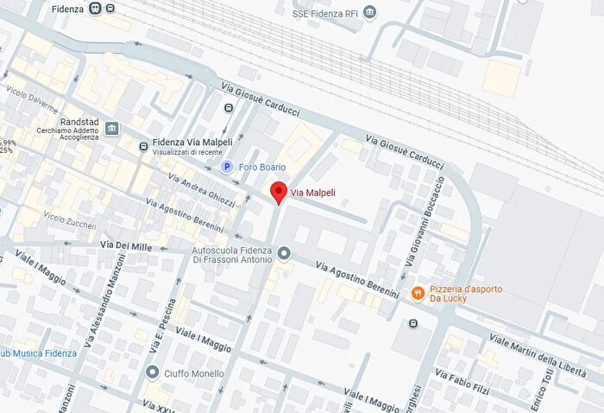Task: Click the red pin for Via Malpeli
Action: tap(278, 193)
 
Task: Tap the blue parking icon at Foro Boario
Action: tap(227, 167)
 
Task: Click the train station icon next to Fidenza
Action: tap(95, 9)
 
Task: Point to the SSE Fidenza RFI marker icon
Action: tap(370, 13)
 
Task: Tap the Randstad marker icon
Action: tap(112, 129)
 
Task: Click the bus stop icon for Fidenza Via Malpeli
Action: tap(143, 146)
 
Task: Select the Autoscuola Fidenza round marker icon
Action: tap(285, 253)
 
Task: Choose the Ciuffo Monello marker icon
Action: tap(153, 372)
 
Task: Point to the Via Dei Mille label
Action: tap(126, 246)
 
